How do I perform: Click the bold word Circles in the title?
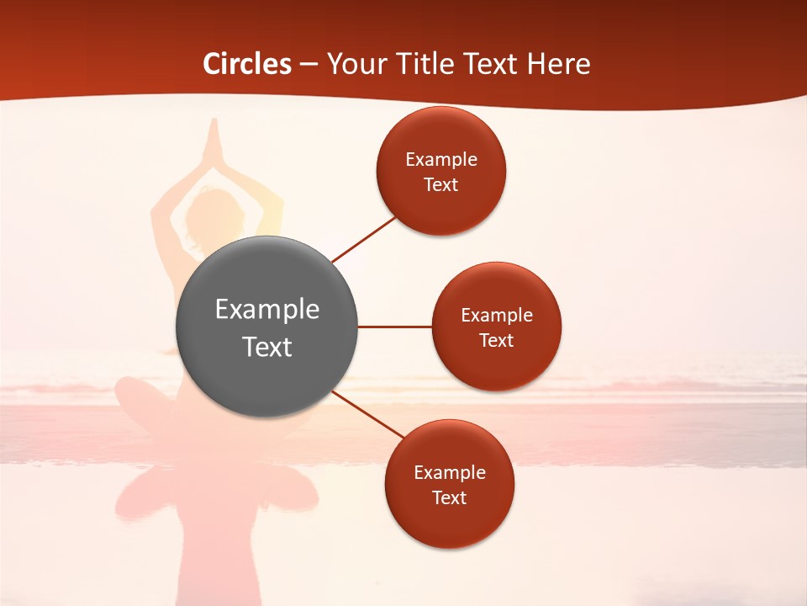(247, 64)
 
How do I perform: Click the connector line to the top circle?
(364, 239)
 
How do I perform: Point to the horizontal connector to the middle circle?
(395, 327)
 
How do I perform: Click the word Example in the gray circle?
(267, 309)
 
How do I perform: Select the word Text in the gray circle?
(267, 347)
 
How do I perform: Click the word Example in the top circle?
(441, 159)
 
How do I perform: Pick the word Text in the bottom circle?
(450, 497)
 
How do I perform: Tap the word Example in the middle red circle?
(497, 315)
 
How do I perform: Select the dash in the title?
(309, 64)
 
